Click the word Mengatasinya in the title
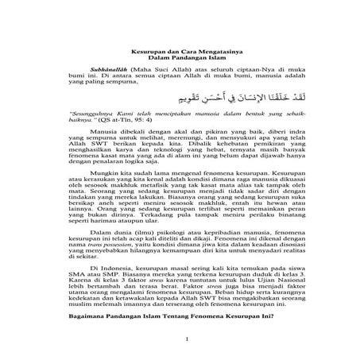(208, 49)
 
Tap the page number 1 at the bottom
(180, 358)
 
